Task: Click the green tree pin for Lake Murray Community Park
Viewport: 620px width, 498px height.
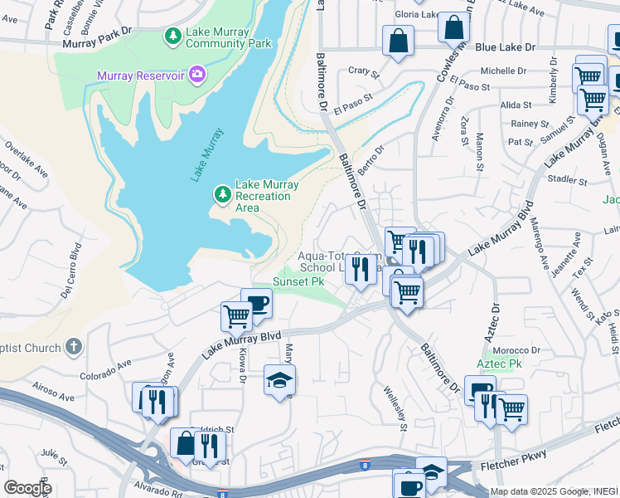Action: (x=172, y=36)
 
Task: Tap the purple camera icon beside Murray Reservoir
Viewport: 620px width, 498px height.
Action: (x=197, y=76)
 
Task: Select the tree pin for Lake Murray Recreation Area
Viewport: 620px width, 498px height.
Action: (x=222, y=194)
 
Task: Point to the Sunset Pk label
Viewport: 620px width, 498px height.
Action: (x=298, y=281)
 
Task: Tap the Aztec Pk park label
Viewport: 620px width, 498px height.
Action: (x=498, y=364)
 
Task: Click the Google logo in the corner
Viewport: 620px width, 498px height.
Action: (x=27, y=488)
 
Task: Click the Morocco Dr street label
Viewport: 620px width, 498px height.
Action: (x=518, y=349)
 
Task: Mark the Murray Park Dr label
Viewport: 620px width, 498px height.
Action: (x=102, y=32)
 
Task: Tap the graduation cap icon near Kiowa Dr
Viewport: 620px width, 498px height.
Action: (x=279, y=380)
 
